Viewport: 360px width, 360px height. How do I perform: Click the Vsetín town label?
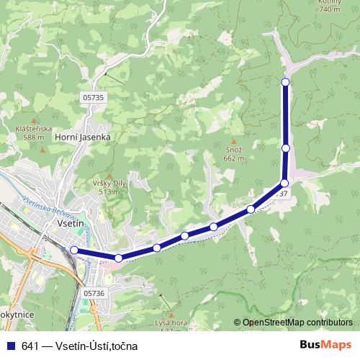click(71, 224)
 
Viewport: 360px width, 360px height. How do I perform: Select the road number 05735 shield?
click(94, 97)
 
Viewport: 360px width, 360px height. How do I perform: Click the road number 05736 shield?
click(94, 292)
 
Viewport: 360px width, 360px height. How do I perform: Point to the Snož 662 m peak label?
click(234, 153)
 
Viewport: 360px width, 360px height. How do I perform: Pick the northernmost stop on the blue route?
click(286, 82)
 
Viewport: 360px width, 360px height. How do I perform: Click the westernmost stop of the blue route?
click(73, 250)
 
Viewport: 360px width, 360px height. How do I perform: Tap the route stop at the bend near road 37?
click(284, 183)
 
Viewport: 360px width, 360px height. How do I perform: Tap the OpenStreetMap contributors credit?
click(293, 323)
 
